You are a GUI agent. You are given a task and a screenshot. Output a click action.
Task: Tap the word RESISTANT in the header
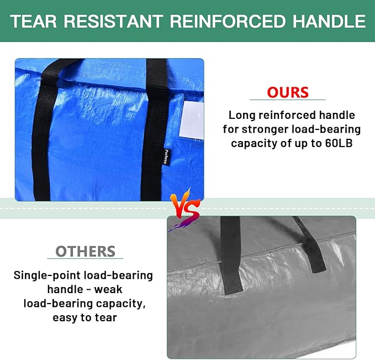(x=112, y=22)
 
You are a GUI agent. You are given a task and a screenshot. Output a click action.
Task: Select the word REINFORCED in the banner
(x=223, y=22)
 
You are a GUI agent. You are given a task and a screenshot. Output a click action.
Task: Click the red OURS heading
(x=287, y=92)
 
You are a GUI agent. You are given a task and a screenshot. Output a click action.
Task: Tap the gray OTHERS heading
(x=86, y=252)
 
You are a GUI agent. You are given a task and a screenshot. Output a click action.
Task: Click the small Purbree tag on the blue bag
(x=166, y=156)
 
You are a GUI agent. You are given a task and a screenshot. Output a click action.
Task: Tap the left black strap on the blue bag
(x=42, y=127)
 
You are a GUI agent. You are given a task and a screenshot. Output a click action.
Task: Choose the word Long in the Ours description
(x=241, y=116)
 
